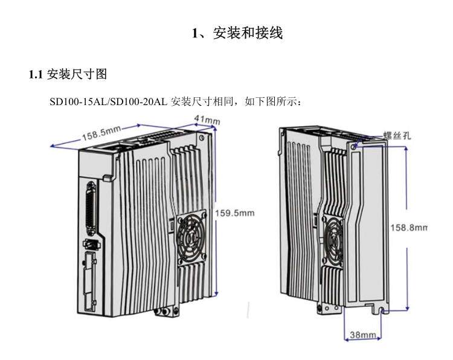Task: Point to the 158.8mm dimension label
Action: [408, 228]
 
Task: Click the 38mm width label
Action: [364, 335]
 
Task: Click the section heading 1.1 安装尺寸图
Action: [68, 74]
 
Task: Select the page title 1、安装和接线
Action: [237, 33]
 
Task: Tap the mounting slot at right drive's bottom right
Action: [383, 310]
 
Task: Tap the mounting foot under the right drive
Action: [327, 309]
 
